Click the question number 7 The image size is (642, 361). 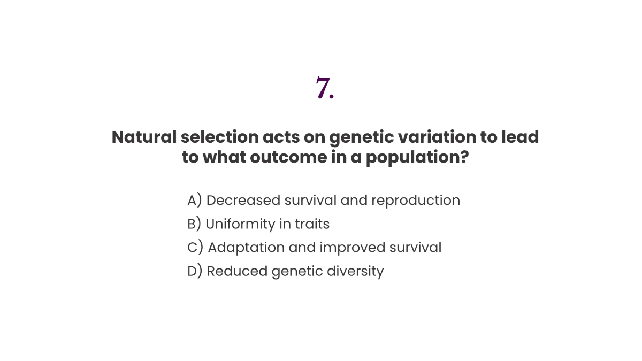[325, 88]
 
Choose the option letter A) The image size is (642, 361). [195, 200]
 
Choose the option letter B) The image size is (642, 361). [194, 224]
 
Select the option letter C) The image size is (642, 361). [195, 248]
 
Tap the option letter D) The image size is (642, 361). [195, 271]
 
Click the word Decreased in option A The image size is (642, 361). [243, 200]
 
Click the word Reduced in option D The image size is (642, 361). [237, 271]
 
